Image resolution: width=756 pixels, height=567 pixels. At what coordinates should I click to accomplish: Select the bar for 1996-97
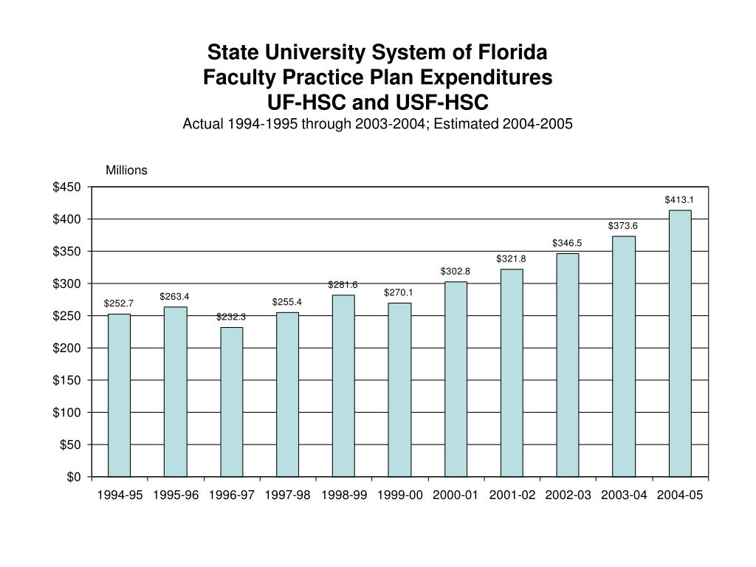pos(231,402)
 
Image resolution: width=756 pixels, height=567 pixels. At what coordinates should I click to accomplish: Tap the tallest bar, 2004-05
pos(680,343)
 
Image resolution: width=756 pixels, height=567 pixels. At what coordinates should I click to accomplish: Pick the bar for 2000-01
pos(456,379)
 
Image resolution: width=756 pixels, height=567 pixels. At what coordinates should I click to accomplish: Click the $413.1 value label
pos(679,199)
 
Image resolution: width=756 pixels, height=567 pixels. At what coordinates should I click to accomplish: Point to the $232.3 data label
pos(231,317)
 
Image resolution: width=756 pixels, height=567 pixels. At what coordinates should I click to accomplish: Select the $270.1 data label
pos(399,292)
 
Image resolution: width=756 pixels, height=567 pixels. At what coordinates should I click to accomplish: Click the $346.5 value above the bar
pos(567,243)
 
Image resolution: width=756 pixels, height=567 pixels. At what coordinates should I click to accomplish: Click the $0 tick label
pos(73,477)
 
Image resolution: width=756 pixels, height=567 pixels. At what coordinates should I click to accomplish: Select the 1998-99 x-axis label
pos(344,495)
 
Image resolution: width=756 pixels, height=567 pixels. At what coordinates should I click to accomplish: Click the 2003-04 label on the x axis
pos(624,495)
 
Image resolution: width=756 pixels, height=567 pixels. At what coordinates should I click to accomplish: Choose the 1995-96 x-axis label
pos(176,495)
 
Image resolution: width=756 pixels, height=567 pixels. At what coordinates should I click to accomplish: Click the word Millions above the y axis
pos(126,171)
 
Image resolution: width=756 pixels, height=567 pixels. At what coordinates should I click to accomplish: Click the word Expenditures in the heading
pos(486,77)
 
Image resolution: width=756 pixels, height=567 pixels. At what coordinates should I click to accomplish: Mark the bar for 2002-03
pos(568,365)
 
